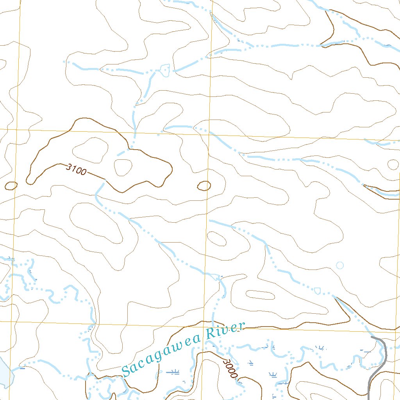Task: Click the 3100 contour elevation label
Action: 76,170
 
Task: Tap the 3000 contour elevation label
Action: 230,368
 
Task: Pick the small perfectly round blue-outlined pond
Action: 340,266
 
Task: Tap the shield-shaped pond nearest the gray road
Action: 317,291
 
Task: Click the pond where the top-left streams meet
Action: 164,70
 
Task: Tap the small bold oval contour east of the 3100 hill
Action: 204,186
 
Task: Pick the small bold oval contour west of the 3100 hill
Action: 11,186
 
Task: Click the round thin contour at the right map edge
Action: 393,164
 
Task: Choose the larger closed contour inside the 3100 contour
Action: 91,150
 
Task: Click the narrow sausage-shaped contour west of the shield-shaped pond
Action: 260,295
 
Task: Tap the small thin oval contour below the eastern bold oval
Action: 216,238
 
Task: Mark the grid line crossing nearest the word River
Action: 204,324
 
